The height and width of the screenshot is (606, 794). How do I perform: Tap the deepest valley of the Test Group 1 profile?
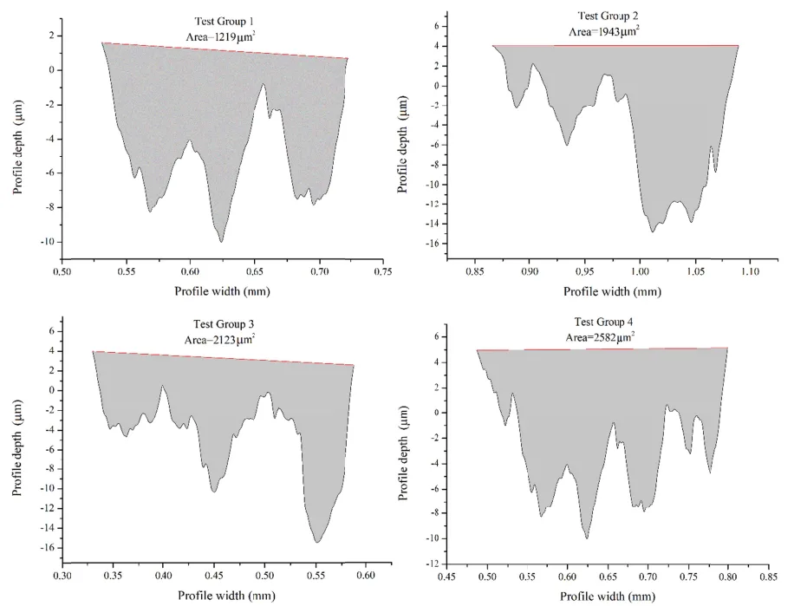point(222,241)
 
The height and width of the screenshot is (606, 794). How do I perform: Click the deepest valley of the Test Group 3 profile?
point(318,542)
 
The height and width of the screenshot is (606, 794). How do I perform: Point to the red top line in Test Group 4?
point(602,349)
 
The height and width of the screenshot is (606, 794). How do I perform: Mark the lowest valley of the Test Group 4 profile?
point(587,538)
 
